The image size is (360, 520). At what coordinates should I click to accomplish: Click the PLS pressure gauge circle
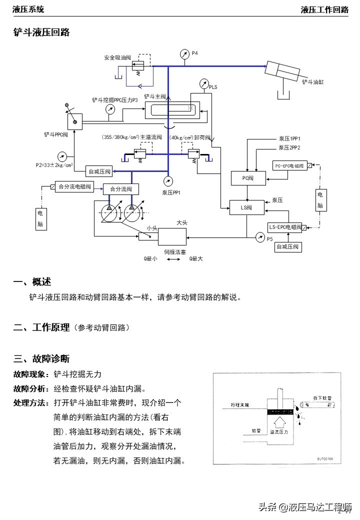coord(203,83)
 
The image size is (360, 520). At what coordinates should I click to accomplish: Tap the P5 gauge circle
coord(259,236)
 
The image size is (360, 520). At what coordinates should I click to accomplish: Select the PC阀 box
coord(244,177)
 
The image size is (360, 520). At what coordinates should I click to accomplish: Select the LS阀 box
coord(244,207)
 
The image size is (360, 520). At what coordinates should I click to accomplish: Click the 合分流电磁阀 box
coord(74,187)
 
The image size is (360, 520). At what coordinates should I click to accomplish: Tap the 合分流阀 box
coord(120,189)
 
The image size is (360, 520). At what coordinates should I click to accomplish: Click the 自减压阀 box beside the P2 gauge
coord(99,171)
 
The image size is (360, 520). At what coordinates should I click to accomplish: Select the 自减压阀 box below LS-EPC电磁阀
coord(288,247)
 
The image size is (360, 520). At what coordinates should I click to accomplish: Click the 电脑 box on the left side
coord(40,218)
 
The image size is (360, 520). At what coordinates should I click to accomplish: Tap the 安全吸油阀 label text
coord(117,57)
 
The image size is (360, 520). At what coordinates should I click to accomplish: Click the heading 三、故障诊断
coord(41,358)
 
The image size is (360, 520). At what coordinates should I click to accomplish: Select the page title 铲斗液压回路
coord(41,32)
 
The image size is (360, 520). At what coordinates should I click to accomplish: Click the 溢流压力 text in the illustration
coord(278,431)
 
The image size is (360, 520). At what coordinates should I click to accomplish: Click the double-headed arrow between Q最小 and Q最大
coord(173,259)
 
